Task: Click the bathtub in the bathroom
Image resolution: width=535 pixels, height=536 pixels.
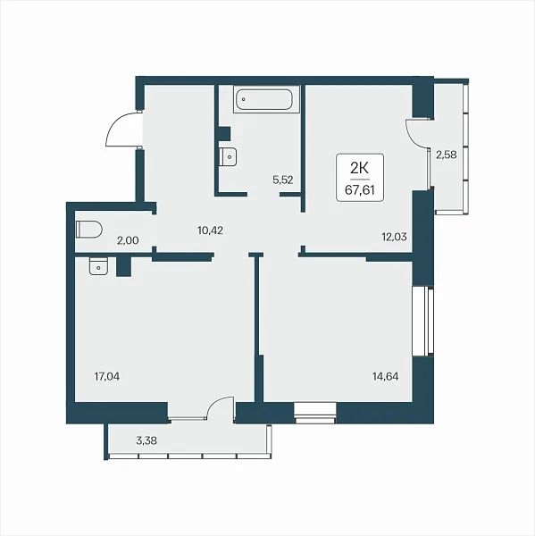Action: coord(267,99)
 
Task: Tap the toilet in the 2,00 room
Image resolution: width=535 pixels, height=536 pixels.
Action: coord(89,230)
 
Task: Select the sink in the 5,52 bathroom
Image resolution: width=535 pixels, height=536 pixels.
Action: coord(228,157)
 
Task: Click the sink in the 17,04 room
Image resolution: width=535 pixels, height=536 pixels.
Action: coord(98,266)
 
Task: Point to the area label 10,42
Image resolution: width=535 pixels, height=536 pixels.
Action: coord(210,230)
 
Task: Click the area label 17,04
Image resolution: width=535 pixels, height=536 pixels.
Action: coord(107,377)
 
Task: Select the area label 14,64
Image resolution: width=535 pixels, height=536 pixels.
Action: coord(385,377)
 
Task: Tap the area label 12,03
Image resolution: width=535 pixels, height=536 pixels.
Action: coord(394,237)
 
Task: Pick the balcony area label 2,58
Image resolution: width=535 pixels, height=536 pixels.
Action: coord(447,155)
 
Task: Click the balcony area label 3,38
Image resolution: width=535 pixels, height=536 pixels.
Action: coord(146,440)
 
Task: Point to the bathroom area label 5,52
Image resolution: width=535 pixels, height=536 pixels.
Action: coord(283,180)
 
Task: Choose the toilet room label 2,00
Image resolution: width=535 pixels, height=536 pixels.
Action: coord(128,240)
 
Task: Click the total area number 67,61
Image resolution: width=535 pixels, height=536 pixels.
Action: coord(360,189)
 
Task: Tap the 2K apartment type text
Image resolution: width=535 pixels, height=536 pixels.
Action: coord(359,168)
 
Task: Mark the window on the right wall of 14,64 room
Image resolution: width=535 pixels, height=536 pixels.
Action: coord(423,322)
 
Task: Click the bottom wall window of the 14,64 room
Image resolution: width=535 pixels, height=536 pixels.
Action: coord(315,413)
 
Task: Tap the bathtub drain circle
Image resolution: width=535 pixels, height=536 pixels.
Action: coord(244,99)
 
